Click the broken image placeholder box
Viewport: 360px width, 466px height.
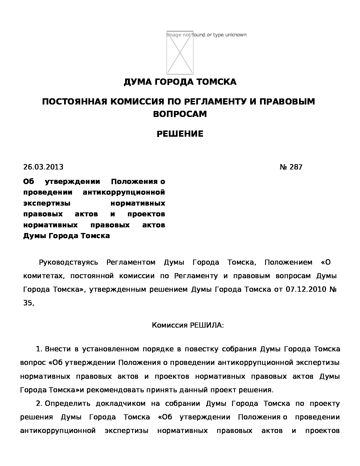(x=180, y=53)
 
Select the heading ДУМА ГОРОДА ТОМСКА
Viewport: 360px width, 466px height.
(x=180, y=82)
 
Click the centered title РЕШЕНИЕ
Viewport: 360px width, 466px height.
(x=180, y=134)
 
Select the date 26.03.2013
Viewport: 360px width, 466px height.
(x=43, y=167)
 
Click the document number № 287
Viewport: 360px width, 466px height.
(x=291, y=167)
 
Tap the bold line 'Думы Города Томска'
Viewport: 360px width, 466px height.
(x=66, y=236)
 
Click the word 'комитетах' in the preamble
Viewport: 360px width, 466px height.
(x=43, y=276)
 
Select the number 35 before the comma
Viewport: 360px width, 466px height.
(x=28, y=303)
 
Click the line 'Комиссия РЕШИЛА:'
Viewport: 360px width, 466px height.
(x=188, y=325)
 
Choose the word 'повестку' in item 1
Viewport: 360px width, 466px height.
(x=201, y=349)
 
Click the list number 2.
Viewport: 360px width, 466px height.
(x=39, y=404)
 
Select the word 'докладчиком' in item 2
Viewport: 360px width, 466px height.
(x=121, y=404)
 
